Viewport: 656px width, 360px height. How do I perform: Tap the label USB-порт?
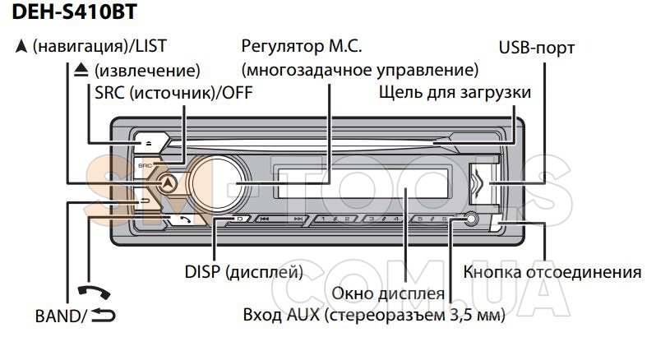(537, 48)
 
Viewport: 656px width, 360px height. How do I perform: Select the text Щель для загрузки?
(455, 92)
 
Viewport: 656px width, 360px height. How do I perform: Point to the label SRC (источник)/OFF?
(173, 92)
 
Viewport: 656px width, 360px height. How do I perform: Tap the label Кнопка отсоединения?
(552, 272)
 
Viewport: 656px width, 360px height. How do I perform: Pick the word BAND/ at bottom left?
(59, 315)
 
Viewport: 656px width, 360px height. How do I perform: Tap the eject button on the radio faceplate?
(150, 142)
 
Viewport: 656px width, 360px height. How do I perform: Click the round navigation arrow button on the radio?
(169, 183)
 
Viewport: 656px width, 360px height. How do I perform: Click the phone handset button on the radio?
(184, 219)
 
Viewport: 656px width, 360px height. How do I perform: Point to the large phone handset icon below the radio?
(91, 293)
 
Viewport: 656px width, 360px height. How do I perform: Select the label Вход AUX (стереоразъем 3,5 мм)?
(374, 315)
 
